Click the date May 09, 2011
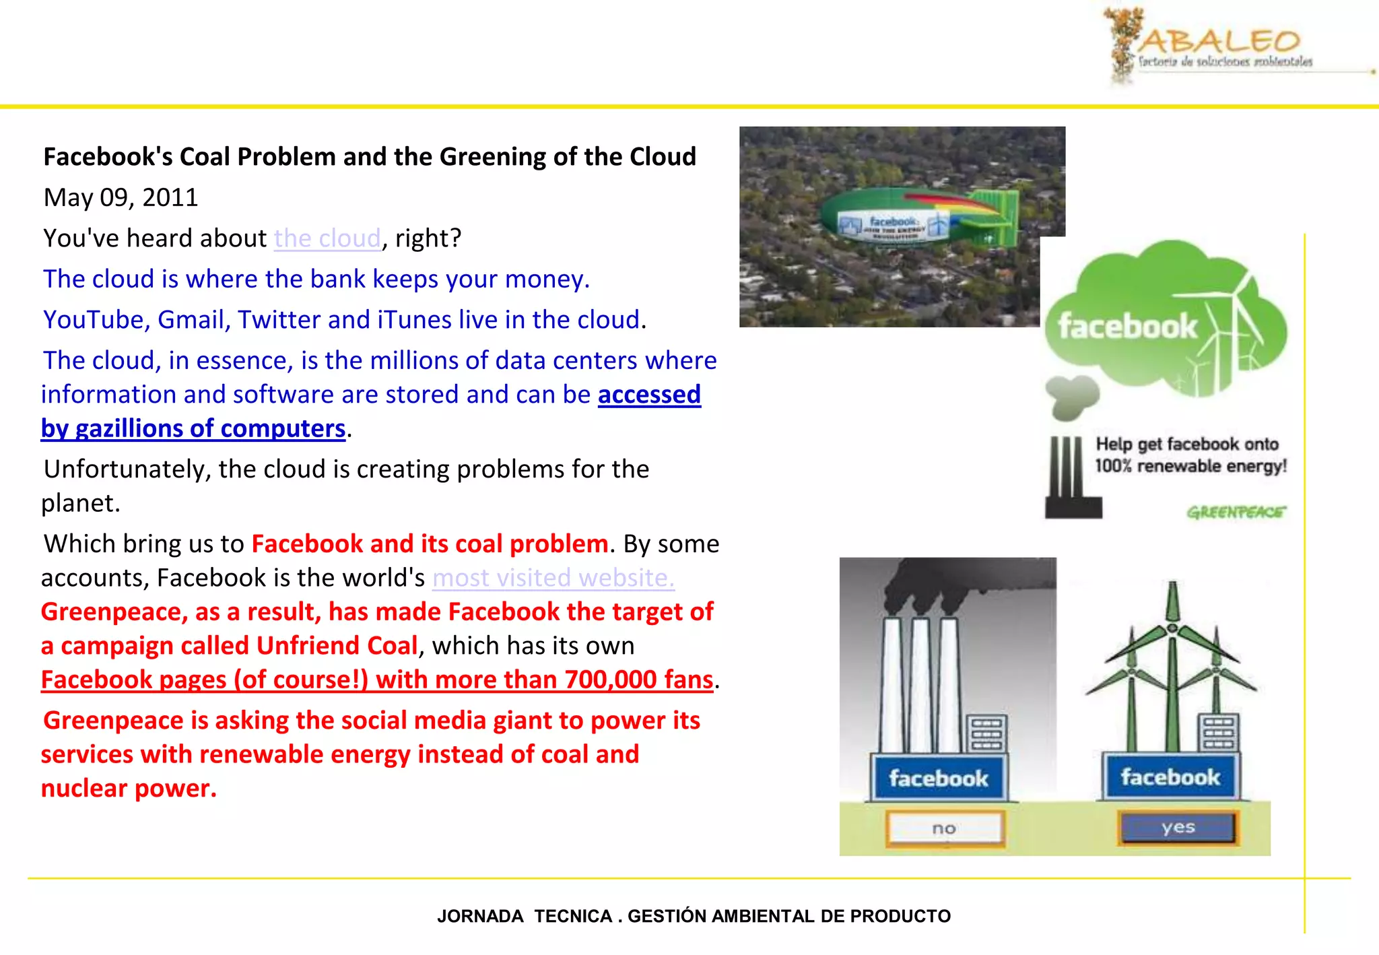pos(121,197)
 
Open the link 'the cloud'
pos(327,238)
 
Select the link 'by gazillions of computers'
pos(193,429)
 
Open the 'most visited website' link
pos(553,578)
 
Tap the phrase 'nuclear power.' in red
pos(129,788)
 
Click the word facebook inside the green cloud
pos(1128,327)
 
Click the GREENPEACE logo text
pos(1236,513)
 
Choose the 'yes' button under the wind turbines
pos(1178,828)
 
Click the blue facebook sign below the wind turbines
pos(1170,777)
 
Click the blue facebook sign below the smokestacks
pos(938,779)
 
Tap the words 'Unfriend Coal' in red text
pos(337,646)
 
